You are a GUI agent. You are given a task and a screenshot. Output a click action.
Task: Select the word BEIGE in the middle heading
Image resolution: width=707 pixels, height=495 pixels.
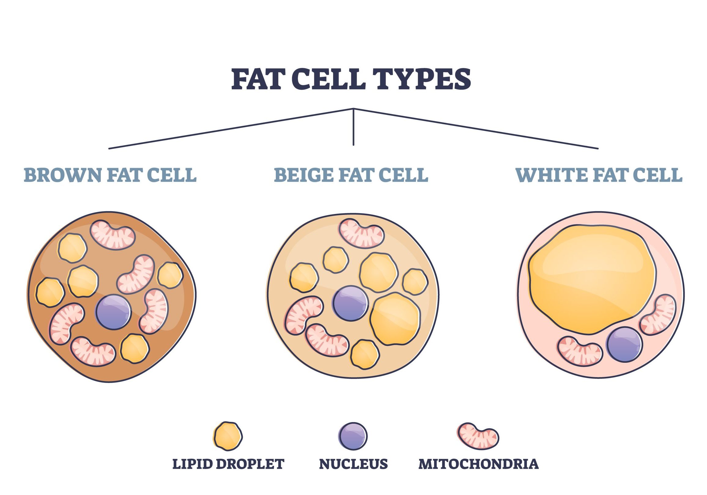click(x=304, y=175)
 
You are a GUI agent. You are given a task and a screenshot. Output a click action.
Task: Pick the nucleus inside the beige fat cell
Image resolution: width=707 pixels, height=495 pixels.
click(x=350, y=303)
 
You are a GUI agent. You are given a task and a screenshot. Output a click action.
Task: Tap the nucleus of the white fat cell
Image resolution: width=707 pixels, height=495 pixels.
click(x=624, y=344)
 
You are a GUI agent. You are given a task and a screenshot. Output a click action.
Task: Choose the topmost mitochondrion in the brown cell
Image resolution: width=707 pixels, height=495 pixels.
click(x=113, y=234)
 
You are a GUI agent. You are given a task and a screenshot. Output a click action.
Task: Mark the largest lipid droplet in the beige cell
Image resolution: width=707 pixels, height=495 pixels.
click(x=395, y=319)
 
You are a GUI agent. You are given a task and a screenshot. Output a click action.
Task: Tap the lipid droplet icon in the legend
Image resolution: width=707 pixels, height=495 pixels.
click(x=228, y=436)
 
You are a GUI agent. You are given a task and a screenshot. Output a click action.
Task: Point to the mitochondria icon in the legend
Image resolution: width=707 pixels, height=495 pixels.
click(x=478, y=436)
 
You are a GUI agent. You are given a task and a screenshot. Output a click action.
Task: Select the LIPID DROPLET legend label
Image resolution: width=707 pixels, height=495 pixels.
click(x=228, y=464)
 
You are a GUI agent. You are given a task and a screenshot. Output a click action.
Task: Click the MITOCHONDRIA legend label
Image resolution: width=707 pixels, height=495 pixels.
click(x=479, y=464)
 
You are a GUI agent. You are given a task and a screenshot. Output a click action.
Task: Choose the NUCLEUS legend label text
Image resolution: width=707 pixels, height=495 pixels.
click(x=353, y=464)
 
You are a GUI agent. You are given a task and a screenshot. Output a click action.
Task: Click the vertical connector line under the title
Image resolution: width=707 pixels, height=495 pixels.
click(x=353, y=127)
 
